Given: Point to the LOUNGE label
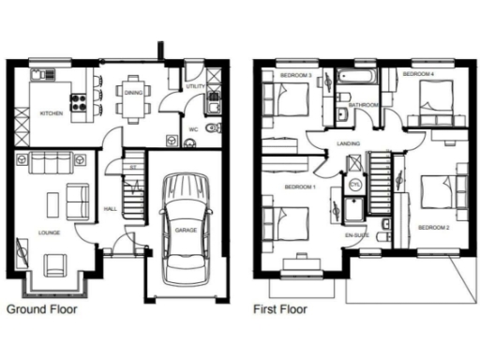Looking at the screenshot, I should [x=50, y=229].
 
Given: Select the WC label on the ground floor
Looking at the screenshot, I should [x=192, y=128].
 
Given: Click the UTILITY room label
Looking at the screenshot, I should [x=195, y=86].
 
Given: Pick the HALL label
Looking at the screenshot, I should [x=109, y=208].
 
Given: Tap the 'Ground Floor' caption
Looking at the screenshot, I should [x=42, y=307].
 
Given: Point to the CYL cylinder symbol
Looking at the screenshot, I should [x=355, y=184].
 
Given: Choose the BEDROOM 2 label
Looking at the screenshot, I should [x=433, y=228].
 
